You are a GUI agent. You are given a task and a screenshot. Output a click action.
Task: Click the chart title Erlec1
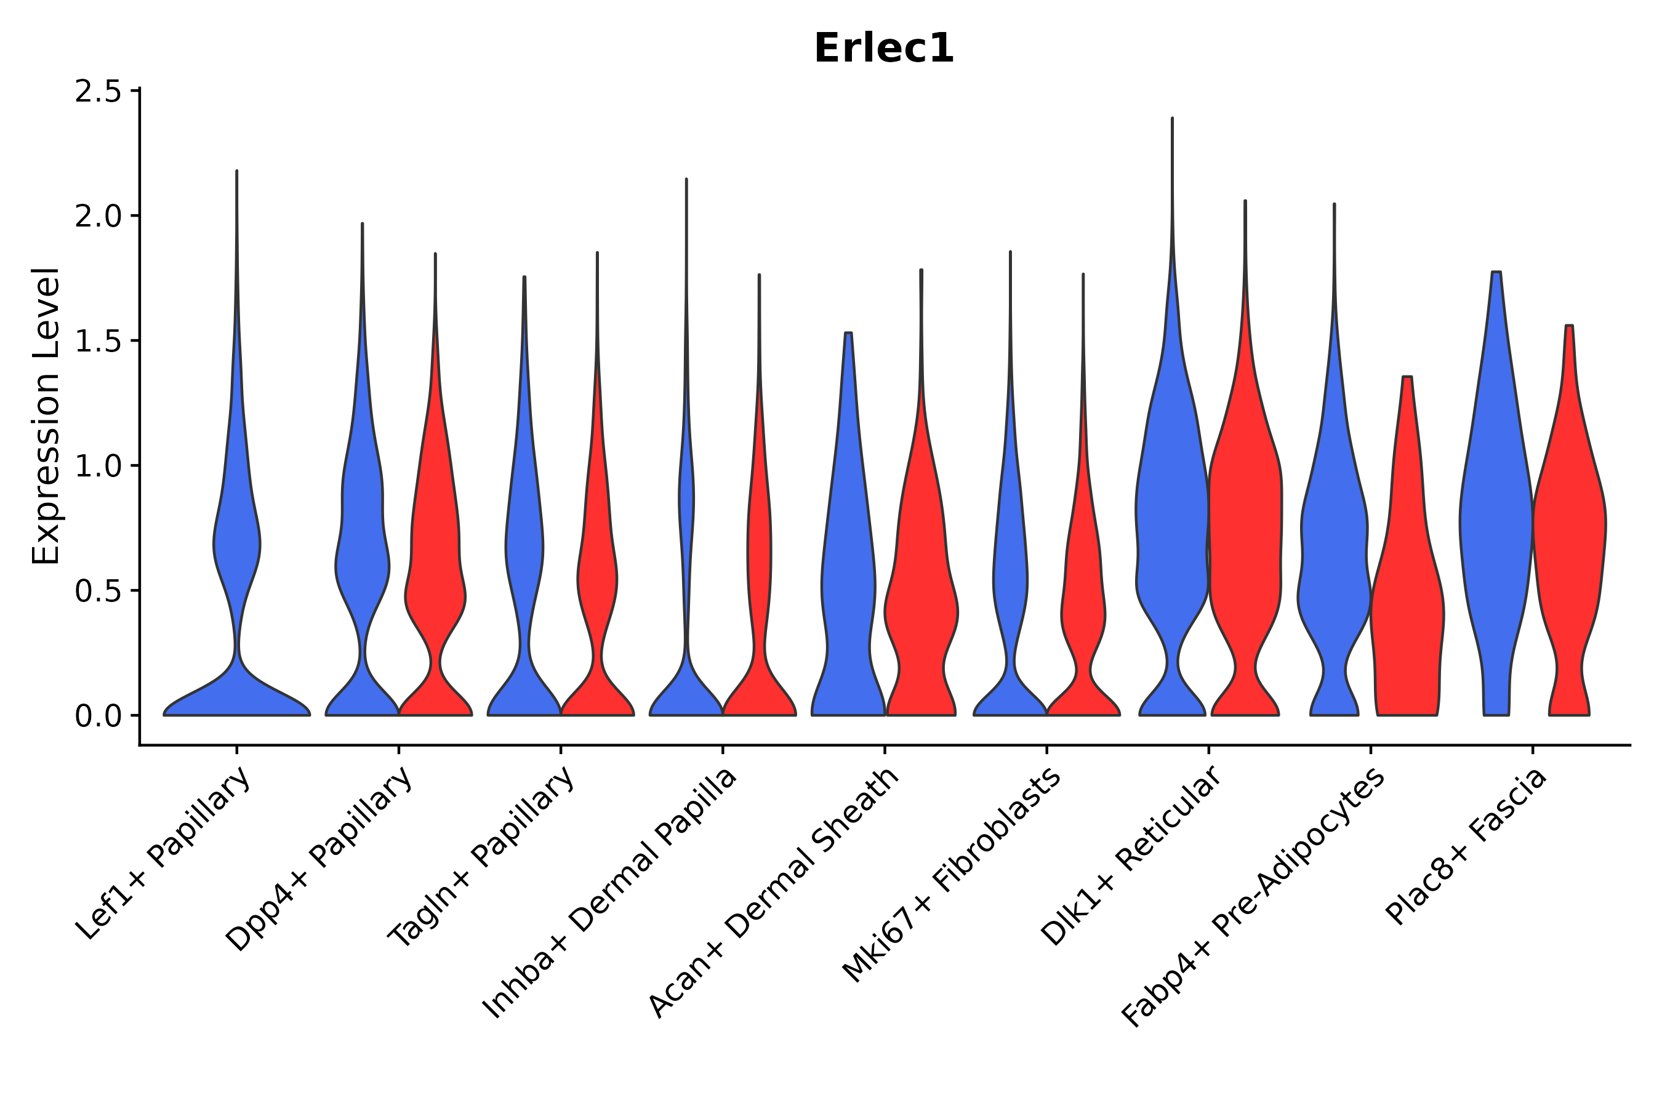point(883,49)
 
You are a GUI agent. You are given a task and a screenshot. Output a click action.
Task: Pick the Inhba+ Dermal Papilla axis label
point(609,893)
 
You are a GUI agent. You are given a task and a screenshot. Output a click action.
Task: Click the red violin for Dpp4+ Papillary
point(435,565)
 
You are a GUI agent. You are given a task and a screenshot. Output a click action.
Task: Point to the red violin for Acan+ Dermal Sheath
point(921,565)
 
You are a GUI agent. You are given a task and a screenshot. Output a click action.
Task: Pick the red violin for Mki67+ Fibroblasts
point(1083,601)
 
